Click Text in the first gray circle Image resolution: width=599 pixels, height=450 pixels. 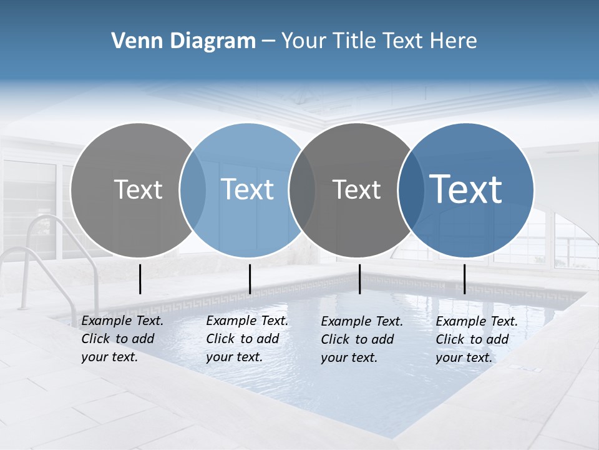point(138,189)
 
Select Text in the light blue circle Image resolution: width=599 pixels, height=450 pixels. point(248,189)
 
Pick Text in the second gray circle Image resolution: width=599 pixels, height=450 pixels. point(356,189)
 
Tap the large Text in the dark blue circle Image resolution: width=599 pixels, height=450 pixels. point(466,189)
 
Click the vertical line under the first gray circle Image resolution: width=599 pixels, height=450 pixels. point(140,279)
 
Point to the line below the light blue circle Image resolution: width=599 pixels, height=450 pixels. point(250,279)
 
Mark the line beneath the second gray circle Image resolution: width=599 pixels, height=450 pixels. point(360,279)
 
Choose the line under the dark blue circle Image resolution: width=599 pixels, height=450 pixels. point(464,279)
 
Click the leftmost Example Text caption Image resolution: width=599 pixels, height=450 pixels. point(122,339)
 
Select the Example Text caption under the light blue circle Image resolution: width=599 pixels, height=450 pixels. point(246,339)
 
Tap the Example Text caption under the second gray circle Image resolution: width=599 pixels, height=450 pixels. point(361,339)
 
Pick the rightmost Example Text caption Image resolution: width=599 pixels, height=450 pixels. point(476,339)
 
